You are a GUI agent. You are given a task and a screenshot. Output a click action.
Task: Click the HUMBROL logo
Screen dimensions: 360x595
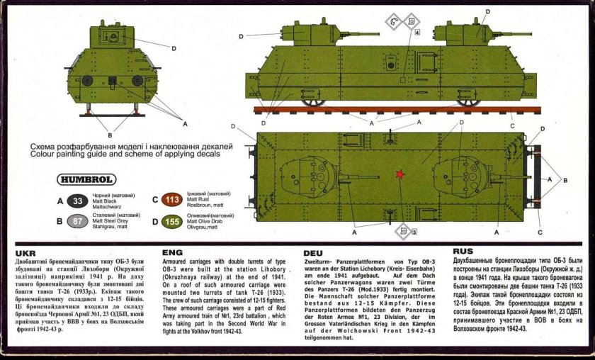tap(84, 179)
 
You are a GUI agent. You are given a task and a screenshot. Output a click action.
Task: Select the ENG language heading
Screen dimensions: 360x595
tap(172, 252)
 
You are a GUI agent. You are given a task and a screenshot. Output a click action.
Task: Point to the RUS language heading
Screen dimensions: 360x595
tap(463, 251)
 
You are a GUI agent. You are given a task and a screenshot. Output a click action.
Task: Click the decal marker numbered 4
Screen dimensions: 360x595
tap(416, 32)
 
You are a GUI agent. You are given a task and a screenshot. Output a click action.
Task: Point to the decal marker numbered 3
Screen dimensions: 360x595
tap(405, 231)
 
